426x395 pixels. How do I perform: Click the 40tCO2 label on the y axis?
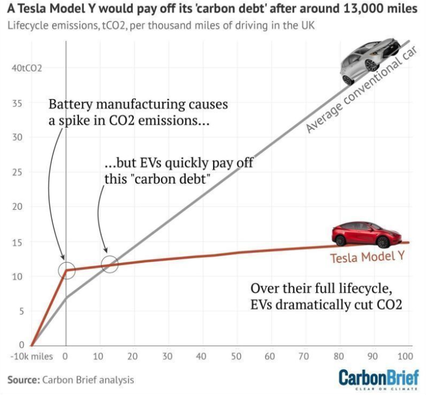coord(26,68)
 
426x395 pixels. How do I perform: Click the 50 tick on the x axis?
coord(236,356)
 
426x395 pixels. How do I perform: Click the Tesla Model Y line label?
coord(367,257)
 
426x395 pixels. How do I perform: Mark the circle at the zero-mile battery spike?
coord(66,269)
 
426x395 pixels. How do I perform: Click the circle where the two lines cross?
coord(110,264)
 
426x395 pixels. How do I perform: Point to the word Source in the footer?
coord(23,380)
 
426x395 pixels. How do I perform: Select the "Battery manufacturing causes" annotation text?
coord(138,104)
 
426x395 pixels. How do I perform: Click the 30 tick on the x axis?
coord(167,356)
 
